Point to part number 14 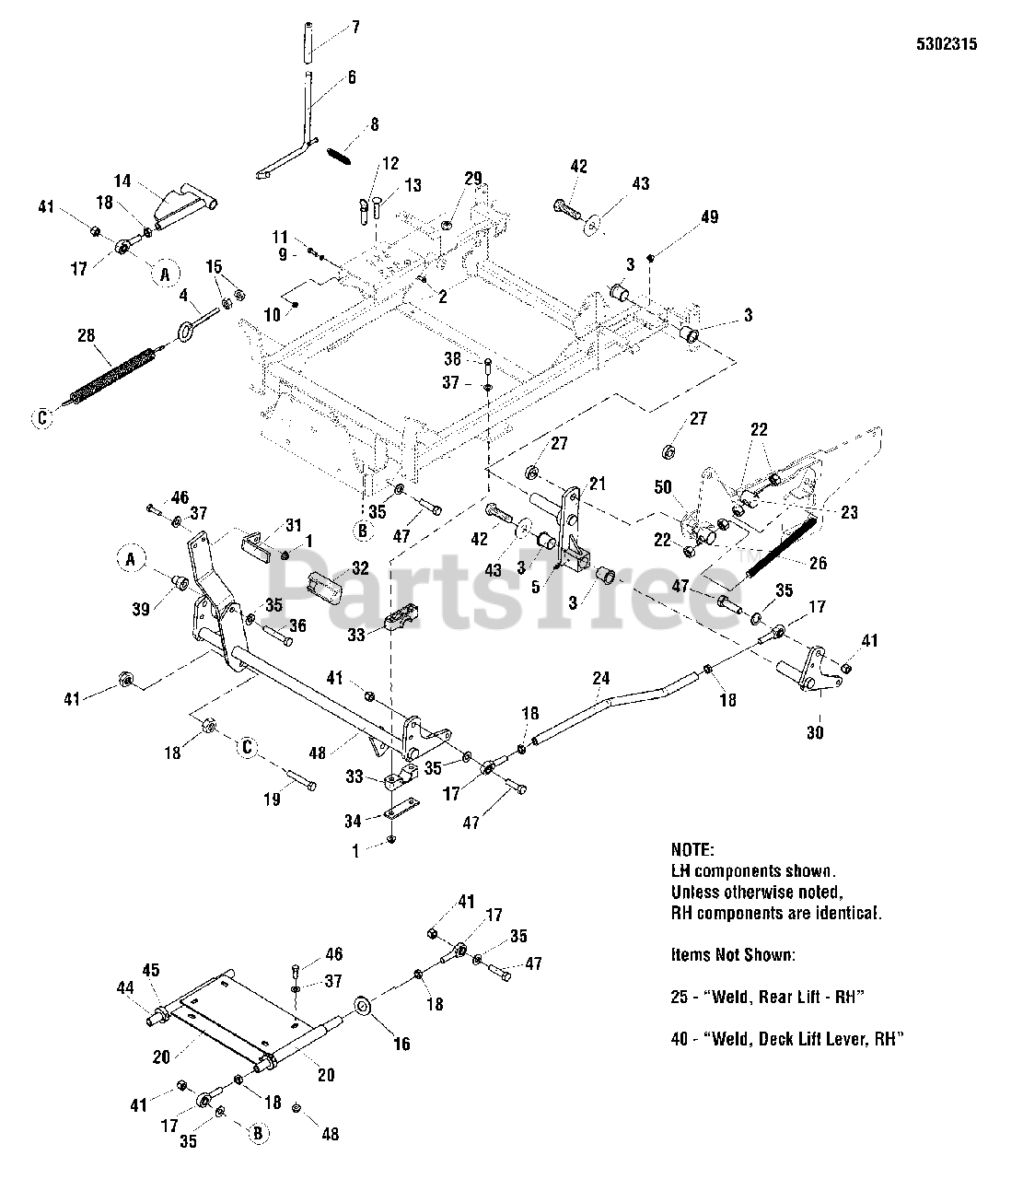click(123, 180)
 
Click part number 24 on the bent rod click(600, 679)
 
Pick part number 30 click(815, 733)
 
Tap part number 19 click(273, 800)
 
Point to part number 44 click(125, 987)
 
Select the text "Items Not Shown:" click(732, 955)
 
